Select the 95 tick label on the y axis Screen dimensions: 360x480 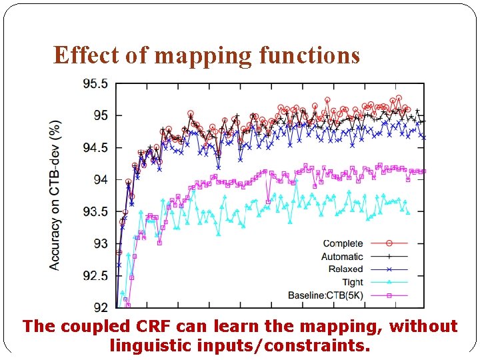100,116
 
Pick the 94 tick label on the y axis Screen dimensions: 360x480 100,180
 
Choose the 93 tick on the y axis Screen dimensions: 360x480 100,244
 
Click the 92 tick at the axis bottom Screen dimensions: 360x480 100,307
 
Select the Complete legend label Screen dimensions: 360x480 343,244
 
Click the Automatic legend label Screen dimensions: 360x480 342,257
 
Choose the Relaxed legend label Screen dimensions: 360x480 345,269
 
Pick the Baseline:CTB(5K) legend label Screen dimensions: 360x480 325,295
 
